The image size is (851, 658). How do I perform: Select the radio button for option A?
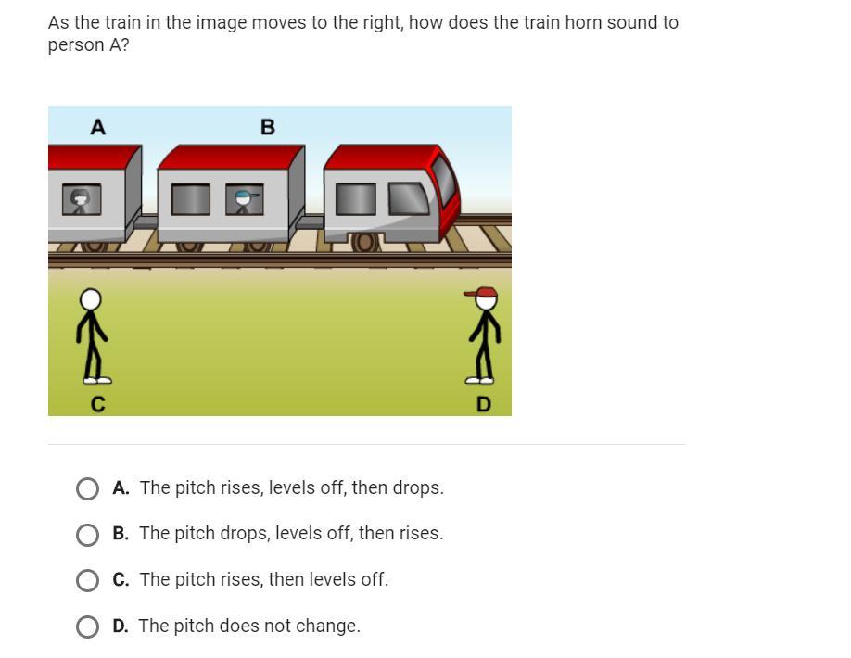coord(87,488)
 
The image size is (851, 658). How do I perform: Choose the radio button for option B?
coord(87,535)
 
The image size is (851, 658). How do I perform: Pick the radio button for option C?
coord(87,580)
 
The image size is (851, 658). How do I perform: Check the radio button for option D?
coord(87,626)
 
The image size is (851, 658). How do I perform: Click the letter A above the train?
coord(97,127)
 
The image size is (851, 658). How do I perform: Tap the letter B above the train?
coord(268,127)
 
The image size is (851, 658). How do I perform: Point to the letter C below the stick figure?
coord(97,404)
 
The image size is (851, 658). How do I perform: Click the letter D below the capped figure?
coord(483,404)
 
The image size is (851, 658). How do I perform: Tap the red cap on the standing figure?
coord(482,293)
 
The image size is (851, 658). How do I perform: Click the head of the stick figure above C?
coord(91,299)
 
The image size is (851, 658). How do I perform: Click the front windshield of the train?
coord(444,179)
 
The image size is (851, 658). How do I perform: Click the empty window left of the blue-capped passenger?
coord(190,199)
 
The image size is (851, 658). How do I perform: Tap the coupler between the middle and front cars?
coord(310,221)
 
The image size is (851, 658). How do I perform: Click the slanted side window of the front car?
coord(409,198)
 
